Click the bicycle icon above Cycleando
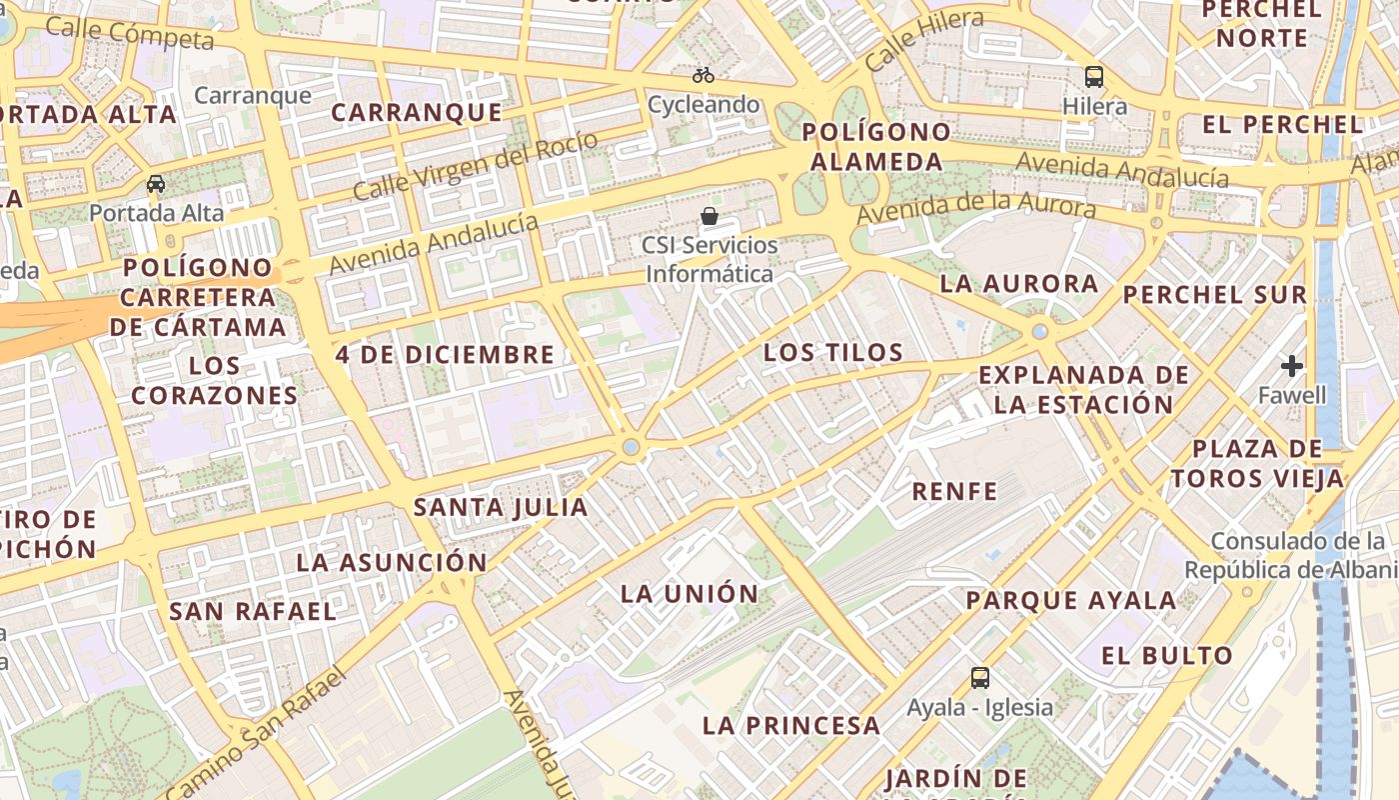[703, 75]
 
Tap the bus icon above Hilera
[1094, 77]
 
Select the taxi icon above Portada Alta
[156, 184]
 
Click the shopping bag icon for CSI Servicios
[709, 215]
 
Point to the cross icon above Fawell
[1292, 366]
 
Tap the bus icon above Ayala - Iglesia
[980, 678]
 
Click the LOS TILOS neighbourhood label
[833, 353]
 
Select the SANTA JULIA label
[501, 507]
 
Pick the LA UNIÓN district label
[690, 594]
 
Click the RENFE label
[954, 491]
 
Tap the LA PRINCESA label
[791, 726]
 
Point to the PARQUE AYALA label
[1071, 601]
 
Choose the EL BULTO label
[1167, 656]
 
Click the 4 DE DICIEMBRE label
[445, 354]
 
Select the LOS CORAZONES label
[214, 381]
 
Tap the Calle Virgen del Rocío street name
[475, 166]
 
